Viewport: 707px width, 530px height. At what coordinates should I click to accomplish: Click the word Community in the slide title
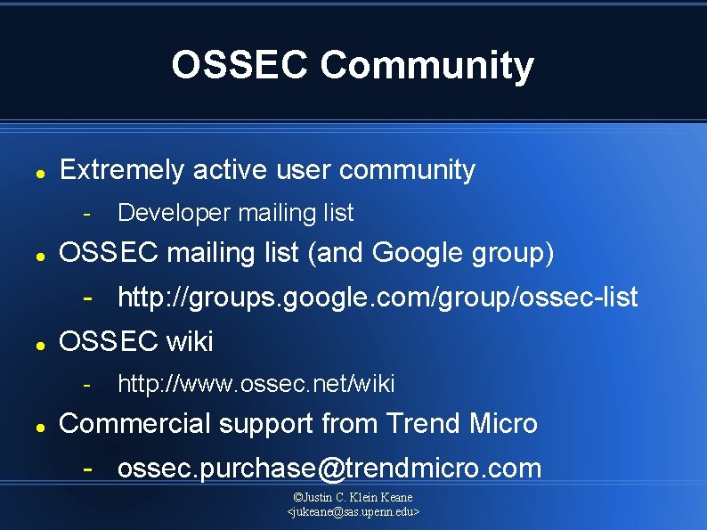(x=427, y=65)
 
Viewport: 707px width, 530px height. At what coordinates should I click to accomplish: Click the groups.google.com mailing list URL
(x=378, y=298)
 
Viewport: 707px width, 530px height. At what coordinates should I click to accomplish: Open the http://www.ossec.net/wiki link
(x=256, y=384)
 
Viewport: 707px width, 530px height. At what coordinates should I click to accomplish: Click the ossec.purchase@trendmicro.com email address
(x=329, y=468)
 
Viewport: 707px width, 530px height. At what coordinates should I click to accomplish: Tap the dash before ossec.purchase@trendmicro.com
(x=87, y=468)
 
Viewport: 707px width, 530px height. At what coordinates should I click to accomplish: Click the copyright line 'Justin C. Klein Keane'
(x=353, y=497)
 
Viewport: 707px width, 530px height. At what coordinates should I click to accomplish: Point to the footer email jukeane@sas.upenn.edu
(x=353, y=512)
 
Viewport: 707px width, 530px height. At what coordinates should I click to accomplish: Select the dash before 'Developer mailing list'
(x=87, y=213)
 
